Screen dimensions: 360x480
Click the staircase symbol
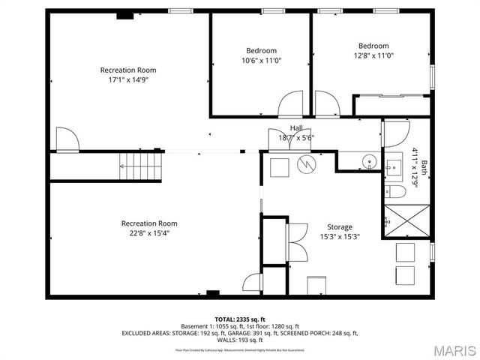point(141,165)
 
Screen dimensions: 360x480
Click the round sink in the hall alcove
point(369,161)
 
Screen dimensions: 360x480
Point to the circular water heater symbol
point(306,164)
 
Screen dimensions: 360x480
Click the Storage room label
point(339,227)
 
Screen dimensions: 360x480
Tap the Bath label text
point(424,168)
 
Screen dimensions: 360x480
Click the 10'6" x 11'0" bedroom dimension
point(262,61)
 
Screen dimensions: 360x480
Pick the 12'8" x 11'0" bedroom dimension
point(373,55)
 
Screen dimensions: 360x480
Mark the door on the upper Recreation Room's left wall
point(65,139)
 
